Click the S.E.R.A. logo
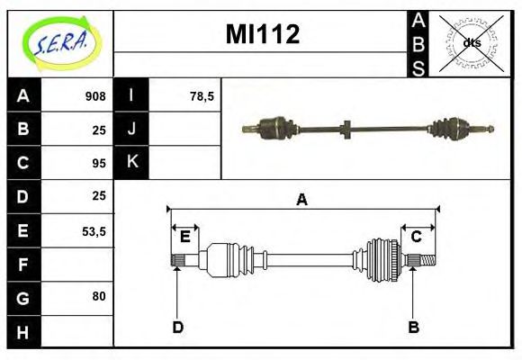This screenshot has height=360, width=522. (61, 43)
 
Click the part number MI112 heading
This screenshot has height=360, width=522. (263, 34)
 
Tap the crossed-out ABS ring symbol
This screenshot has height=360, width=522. (471, 43)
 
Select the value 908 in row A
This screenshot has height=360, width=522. (95, 96)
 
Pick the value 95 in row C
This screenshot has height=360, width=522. (99, 163)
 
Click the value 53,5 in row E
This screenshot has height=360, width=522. (94, 231)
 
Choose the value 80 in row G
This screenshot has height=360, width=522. (99, 296)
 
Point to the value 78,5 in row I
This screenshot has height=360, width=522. (202, 96)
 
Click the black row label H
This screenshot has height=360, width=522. (23, 332)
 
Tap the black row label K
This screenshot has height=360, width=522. (131, 162)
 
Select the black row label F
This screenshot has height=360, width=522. (23, 265)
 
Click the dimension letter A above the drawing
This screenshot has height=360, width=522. (301, 200)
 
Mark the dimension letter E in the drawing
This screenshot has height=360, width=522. (185, 237)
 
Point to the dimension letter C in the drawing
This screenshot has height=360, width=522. (416, 237)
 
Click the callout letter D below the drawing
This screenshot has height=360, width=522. (178, 328)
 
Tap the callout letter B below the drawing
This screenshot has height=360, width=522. (413, 327)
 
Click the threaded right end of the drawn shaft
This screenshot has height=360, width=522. (428, 260)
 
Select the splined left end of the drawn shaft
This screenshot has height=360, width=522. (178, 260)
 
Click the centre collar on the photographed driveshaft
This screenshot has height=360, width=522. (346, 130)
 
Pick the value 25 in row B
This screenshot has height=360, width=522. (99, 130)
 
